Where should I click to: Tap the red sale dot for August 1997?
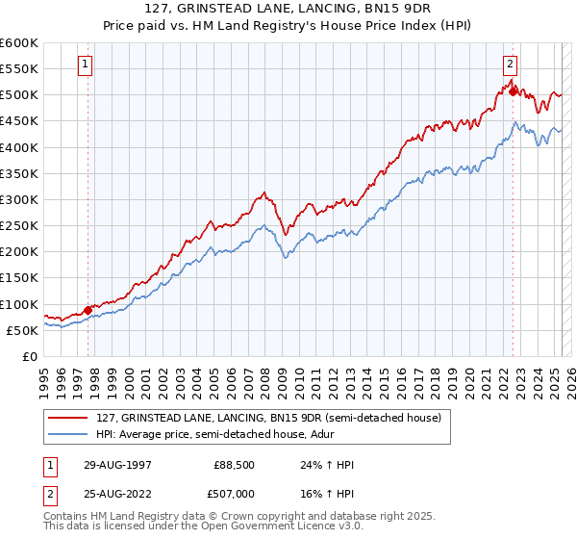tap(88, 310)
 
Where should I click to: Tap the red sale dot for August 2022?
tap(513, 91)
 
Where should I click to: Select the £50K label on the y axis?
tap(22, 330)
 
